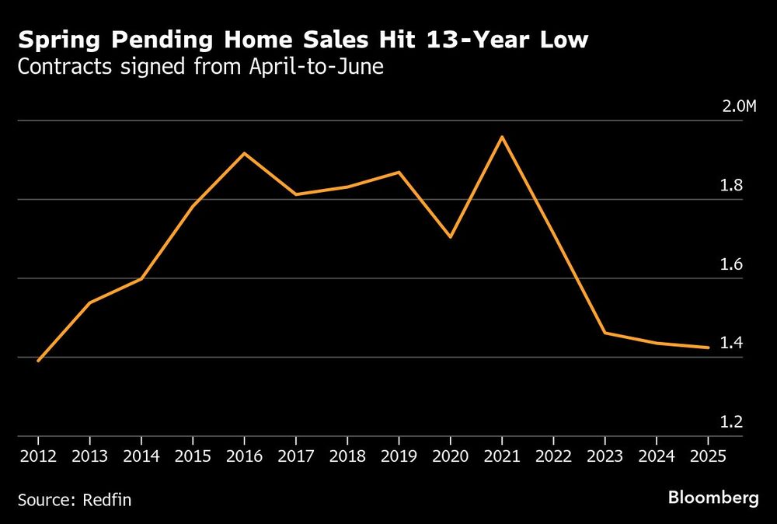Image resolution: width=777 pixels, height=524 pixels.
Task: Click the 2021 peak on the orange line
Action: [502, 137]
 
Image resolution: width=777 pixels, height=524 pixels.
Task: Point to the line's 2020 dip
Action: [451, 236]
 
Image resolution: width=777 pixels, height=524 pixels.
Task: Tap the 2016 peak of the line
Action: [244, 153]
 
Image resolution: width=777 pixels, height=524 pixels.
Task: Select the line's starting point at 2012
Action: [38, 361]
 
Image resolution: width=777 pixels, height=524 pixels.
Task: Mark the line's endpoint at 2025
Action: [708, 348]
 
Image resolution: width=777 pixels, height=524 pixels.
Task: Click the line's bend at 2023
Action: [605, 333]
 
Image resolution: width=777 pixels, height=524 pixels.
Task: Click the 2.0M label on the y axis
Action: [738, 106]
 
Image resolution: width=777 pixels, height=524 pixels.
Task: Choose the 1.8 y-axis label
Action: [732, 185]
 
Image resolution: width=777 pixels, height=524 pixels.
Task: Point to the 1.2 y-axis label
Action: [732, 422]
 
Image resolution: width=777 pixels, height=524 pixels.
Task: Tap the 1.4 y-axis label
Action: [732, 343]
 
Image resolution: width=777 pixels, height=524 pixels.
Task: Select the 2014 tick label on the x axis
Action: [141, 456]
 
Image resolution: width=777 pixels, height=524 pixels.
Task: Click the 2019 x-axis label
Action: [399, 456]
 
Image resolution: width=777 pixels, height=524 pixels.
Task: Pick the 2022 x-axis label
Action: [553, 456]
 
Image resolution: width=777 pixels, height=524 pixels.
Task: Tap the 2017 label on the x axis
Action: [295, 456]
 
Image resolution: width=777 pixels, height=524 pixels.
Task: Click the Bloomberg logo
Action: [713, 498]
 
